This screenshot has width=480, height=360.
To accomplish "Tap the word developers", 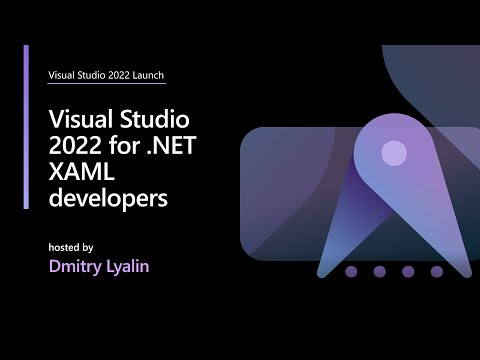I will coord(107,199).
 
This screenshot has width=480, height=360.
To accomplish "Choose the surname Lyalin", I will coord(132,267).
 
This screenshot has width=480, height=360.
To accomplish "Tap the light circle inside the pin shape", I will coord(394,153).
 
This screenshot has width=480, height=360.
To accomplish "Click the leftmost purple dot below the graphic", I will coord(350,271).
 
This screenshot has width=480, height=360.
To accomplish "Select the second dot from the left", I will coord(379,271).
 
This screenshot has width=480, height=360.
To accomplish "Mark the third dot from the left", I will coord(407,271).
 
